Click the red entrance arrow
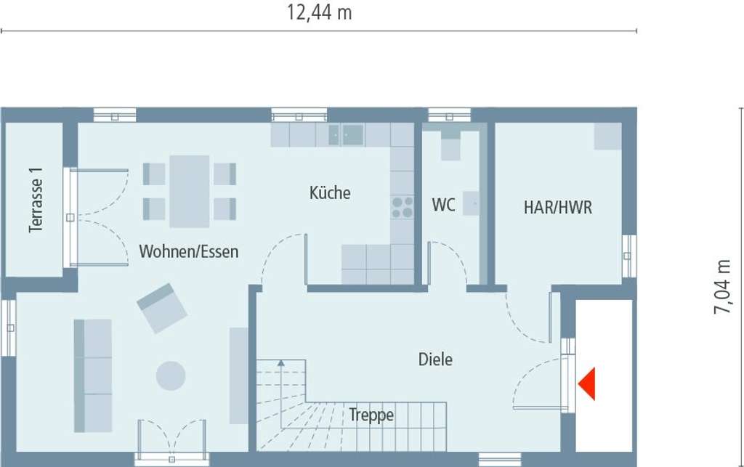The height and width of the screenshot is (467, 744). [x=588, y=383]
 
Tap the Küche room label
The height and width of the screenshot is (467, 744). [x=330, y=193]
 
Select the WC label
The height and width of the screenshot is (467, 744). [x=443, y=206]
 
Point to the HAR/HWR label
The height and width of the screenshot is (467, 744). [x=558, y=208]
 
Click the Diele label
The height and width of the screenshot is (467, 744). [x=435, y=359]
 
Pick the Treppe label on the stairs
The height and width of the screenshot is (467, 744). [x=371, y=415]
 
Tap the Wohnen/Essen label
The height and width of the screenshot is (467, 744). [x=189, y=252]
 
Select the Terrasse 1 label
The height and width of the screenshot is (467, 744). [x=36, y=200]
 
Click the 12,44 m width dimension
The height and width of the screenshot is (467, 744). [x=319, y=12]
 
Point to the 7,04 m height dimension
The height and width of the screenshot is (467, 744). [x=723, y=286]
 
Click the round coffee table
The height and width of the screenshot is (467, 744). [x=171, y=375]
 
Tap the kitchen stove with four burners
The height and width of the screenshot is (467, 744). [x=402, y=207]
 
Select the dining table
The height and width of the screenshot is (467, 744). [x=190, y=191]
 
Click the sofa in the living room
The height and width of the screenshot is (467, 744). [x=93, y=375]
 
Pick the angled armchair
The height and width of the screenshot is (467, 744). [x=162, y=308]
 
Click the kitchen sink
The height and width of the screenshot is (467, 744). [x=346, y=134]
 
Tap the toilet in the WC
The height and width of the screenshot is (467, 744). [x=451, y=146]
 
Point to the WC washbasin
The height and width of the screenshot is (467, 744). [x=471, y=203]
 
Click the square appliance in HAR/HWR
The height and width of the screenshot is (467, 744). [x=607, y=136]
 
